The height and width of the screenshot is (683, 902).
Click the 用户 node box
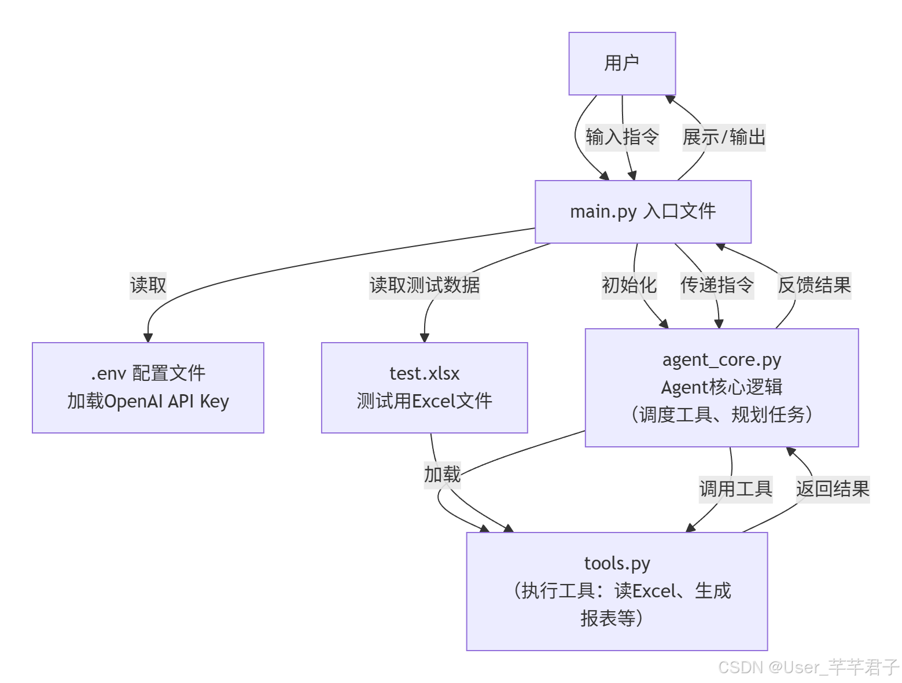(622, 64)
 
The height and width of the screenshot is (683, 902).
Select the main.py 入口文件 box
(643, 212)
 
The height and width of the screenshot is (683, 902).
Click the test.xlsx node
(424, 387)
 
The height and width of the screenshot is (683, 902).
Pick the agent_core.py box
(721, 387)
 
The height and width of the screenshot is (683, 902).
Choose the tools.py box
(617, 591)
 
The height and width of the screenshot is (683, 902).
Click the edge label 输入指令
(622, 137)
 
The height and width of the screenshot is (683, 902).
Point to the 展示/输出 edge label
(724, 137)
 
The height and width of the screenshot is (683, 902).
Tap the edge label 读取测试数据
(424, 285)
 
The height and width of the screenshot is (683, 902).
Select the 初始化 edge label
(629, 285)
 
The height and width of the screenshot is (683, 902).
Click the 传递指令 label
(717, 285)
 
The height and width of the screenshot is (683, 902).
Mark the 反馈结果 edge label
(814, 285)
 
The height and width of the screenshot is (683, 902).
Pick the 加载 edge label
(442, 475)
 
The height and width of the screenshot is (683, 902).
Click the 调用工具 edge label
(735, 489)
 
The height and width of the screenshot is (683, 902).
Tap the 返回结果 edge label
(833, 489)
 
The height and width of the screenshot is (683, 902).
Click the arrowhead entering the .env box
(148, 337)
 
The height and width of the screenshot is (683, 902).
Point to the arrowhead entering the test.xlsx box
(424, 337)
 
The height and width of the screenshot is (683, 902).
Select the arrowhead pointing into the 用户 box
(670, 100)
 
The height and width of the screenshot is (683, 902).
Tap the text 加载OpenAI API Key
(148, 401)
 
